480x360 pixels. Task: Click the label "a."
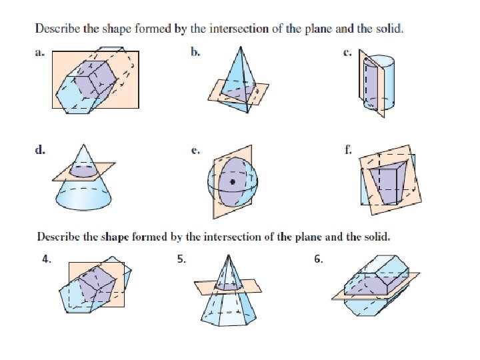(x=39, y=53)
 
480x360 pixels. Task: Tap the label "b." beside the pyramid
(x=195, y=53)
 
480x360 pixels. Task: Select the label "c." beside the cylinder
(x=347, y=53)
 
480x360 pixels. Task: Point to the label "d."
(x=40, y=151)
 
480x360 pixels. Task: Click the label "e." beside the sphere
(x=195, y=151)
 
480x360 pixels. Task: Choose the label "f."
(x=347, y=151)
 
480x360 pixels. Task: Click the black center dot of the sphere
(x=233, y=181)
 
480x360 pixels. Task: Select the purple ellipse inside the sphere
(x=233, y=181)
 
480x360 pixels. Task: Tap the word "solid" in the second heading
(x=376, y=237)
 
